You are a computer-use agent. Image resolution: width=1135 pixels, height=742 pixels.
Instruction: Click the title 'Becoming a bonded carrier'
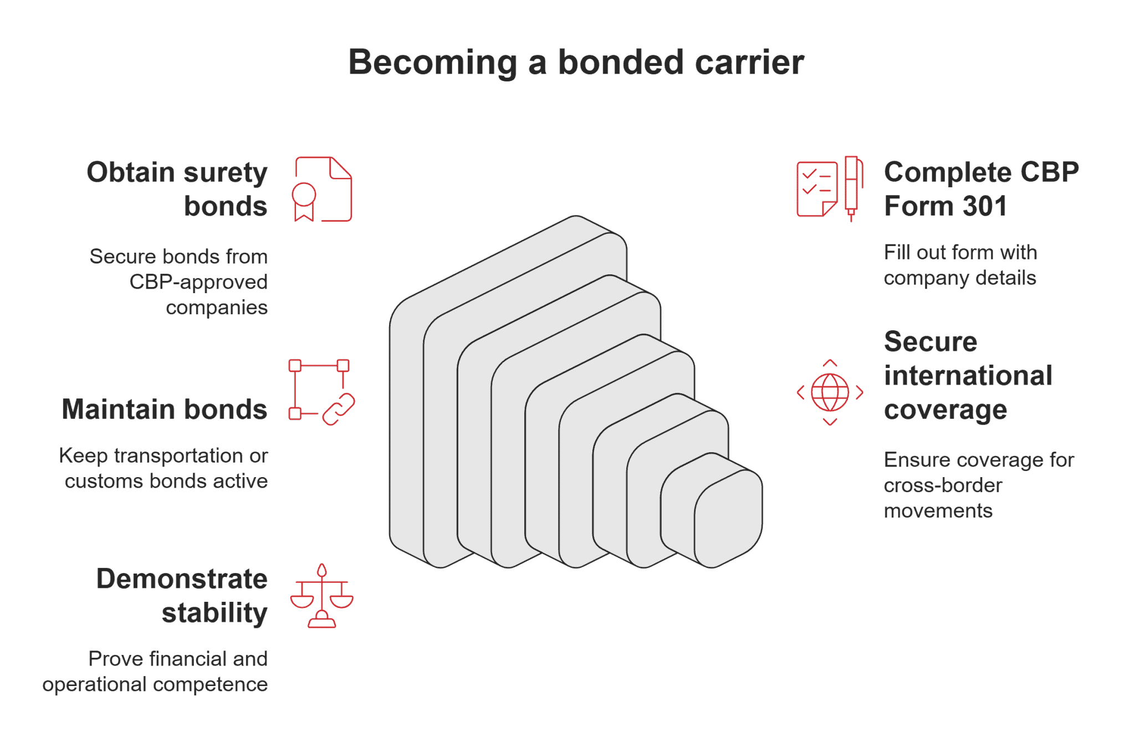576,62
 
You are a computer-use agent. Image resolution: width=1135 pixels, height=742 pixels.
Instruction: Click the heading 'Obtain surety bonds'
177,189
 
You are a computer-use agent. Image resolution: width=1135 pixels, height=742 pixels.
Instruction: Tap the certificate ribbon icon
322,190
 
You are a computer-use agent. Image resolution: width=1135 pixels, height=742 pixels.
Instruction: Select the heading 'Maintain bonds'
165,410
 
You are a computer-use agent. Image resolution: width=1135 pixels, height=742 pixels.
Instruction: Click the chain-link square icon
321,392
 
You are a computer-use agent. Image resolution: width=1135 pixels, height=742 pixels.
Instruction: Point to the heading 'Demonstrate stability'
182,596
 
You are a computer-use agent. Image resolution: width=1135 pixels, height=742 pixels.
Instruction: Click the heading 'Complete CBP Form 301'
981,189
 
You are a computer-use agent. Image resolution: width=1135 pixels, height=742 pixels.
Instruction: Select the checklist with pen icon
830,189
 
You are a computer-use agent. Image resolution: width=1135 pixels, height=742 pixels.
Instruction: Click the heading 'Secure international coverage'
968,376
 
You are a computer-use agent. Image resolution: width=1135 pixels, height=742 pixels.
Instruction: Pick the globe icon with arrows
830,392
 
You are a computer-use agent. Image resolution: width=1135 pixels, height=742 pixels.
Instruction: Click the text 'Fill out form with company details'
960,265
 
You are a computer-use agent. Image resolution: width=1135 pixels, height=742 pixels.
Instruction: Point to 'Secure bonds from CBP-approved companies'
179,282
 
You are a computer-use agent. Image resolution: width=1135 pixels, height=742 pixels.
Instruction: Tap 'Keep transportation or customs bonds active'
164,468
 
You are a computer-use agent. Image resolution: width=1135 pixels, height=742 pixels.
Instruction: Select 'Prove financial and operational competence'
156,672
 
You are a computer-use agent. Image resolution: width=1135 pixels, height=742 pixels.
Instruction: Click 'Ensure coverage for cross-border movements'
979,485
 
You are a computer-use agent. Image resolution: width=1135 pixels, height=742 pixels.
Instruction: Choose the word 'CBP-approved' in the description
198,282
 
